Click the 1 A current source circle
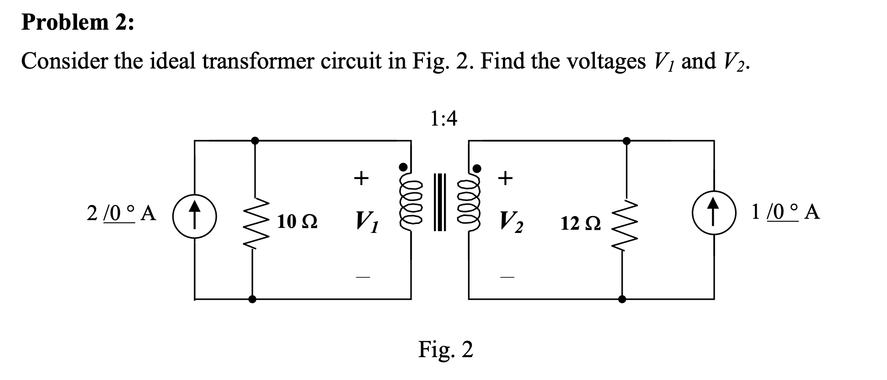coord(714,213)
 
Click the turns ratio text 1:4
coord(443,119)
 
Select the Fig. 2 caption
coord(446,349)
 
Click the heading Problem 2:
coord(78,23)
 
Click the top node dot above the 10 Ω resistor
coord(255,141)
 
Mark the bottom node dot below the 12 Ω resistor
coord(622,300)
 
